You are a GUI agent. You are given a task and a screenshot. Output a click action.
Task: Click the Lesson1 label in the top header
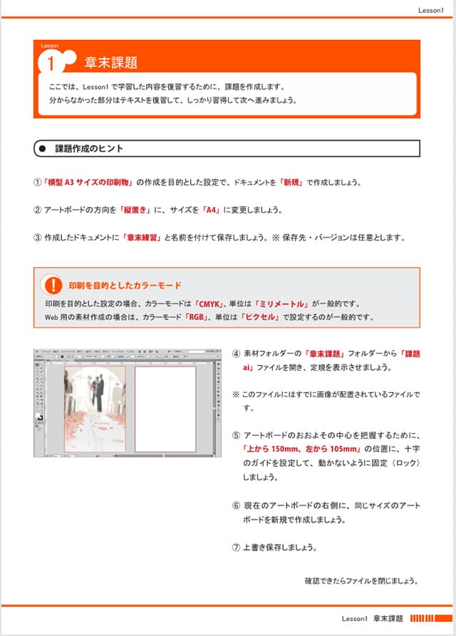(430, 10)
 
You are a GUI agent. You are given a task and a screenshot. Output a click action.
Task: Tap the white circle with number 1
(51, 63)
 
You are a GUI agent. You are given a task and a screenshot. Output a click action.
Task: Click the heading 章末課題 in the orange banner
(110, 63)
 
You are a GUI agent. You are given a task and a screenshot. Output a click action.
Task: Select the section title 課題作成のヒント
(89, 149)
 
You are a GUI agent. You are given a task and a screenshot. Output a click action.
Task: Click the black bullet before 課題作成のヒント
(42, 149)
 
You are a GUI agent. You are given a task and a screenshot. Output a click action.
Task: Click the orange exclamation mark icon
(52, 285)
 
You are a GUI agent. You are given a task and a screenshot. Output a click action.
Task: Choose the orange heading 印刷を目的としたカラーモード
(125, 285)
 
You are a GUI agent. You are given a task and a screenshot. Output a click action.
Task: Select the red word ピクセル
(261, 317)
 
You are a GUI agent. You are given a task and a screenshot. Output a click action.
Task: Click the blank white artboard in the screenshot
(165, 408)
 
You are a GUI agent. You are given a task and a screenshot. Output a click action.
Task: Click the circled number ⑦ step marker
(237, 547)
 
